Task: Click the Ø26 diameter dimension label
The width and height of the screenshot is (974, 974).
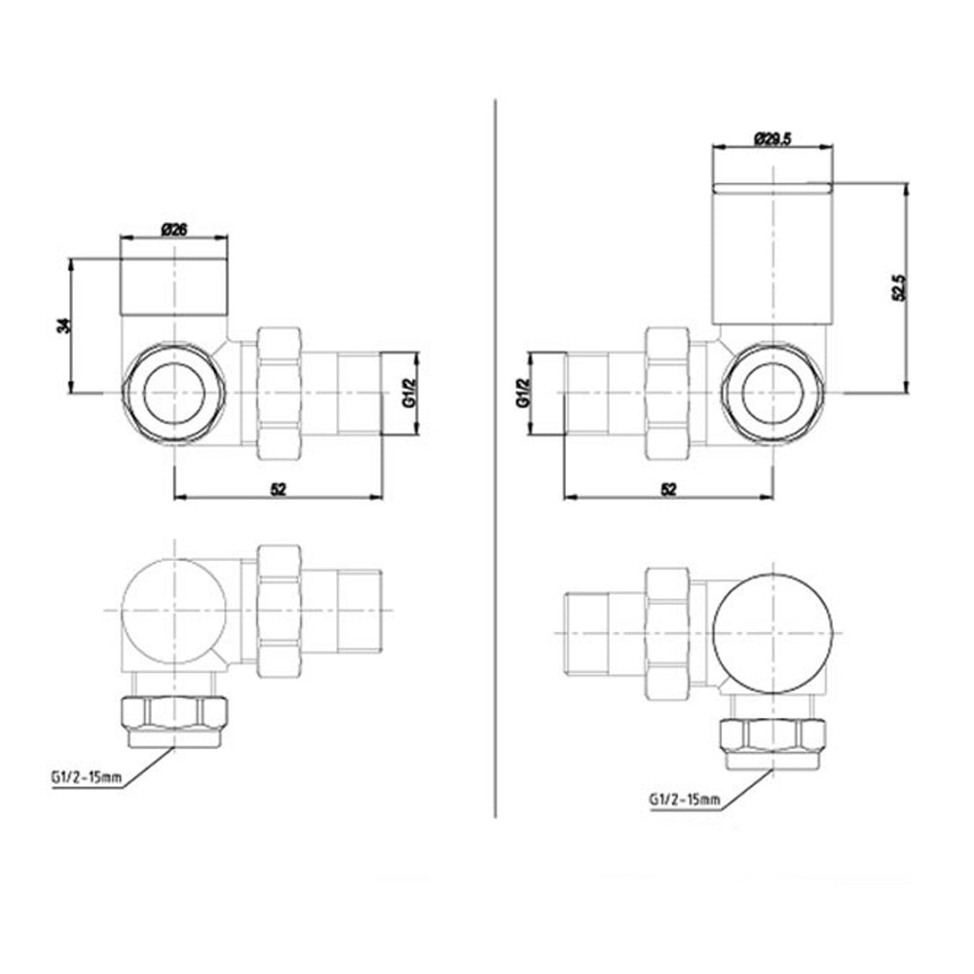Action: (x=173, y=229)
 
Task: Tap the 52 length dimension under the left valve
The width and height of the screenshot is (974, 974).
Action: (x=279, y=489)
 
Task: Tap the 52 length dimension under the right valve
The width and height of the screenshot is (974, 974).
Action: (x=668, y=489)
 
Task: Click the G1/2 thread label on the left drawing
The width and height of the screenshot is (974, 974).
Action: (x=410, y=393)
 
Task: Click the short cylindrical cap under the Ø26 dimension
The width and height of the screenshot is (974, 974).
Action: (x=173, y=285)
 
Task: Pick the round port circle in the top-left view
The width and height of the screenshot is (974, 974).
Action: (x=175, y=393)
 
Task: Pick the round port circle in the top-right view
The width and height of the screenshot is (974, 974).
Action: (x=774, y=393)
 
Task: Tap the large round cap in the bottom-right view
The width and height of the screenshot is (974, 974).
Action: (x=774, y=633)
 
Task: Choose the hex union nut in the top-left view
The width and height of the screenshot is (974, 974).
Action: (x=280, y=393)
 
